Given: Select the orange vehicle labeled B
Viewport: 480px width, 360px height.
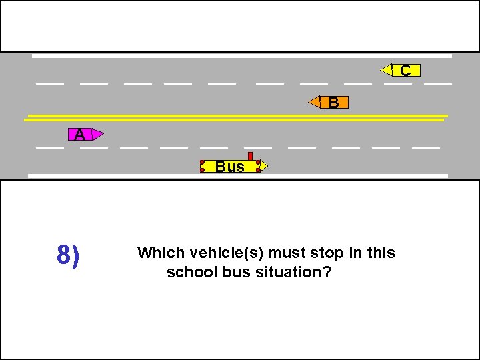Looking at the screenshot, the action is [329, 102].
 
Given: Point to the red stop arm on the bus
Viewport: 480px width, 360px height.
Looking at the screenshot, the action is [250, 156].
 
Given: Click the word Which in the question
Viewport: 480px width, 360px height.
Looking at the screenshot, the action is [161, 253].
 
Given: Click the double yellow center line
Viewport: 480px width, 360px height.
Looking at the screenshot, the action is [233, 118].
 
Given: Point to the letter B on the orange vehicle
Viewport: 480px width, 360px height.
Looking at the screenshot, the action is [334, 102].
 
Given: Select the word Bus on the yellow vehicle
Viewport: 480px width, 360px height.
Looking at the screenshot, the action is [230, 167].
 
